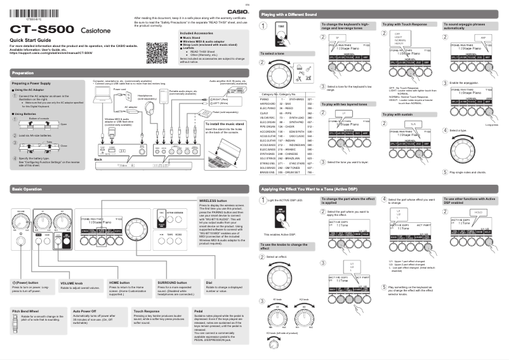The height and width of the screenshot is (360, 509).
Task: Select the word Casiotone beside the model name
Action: pos(98,30)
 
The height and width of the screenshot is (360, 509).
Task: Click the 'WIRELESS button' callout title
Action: pos(213,201)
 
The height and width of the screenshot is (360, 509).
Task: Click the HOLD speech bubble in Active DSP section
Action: pos(477,211)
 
